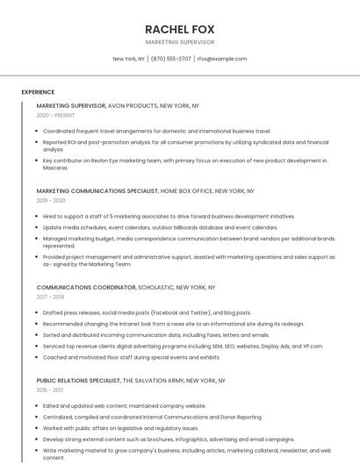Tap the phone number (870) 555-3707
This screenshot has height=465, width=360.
[x=170, y=59]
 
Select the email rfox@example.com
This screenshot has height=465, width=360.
[x=221, y=59]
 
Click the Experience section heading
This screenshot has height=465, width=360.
[x=38, y=92]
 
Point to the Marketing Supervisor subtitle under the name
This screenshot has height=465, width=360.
[x=179, y=42]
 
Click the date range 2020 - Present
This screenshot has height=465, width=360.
[x=55, y=115]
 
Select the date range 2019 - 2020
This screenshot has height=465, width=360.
[x=51, y=200]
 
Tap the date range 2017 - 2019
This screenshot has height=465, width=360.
[x=50, y=297]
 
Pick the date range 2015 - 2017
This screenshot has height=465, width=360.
[x=50, y=390]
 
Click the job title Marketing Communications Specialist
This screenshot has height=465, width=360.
[x=97, y=190]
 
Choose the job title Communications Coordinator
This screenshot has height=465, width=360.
[x=86, y=287]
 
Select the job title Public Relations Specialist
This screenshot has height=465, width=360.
[x=78, y=381]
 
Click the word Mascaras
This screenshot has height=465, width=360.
[x=55, y=168]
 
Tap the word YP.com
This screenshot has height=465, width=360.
[x=312, y=346]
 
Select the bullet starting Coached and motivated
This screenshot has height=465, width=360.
[x=131, y=357]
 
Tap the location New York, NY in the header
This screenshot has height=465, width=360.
[x=129, y=59]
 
